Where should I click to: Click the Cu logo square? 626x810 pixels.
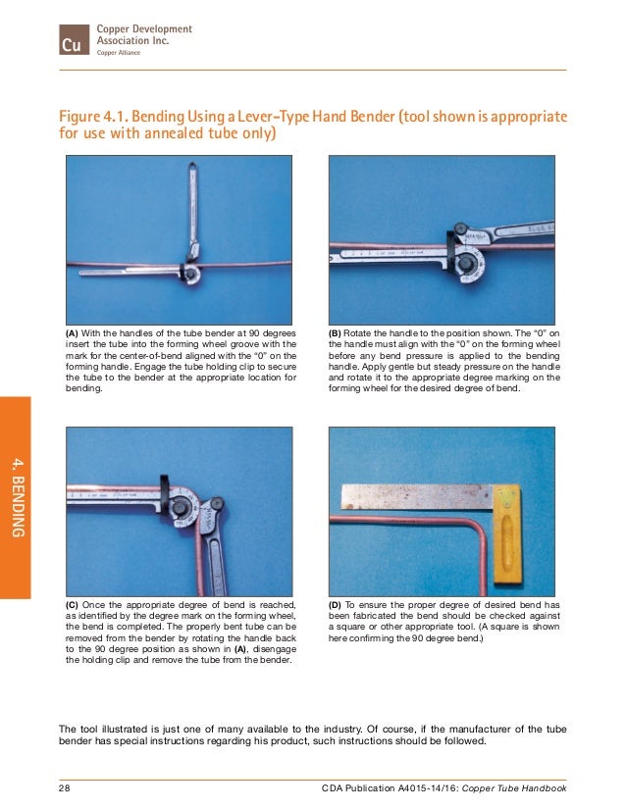72,41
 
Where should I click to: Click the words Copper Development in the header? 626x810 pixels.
143,30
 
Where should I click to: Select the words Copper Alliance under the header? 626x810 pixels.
118,54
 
